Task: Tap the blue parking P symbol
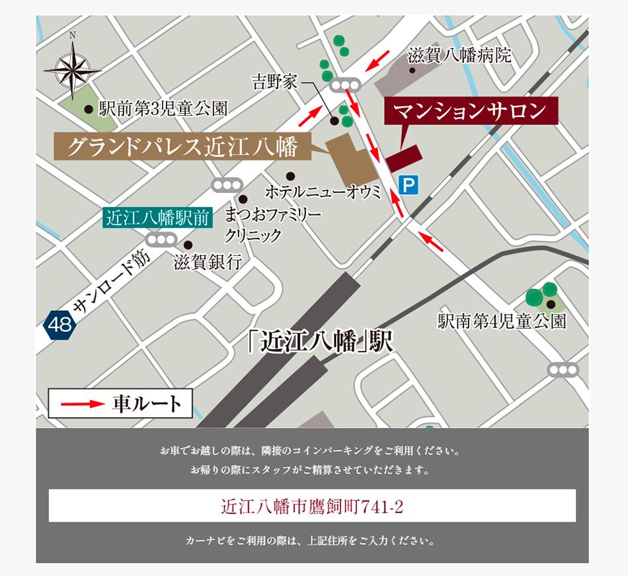pos(409,185)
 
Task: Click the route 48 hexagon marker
pos(59,324)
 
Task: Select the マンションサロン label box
pos(471,111)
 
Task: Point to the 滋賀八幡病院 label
pos(459,55)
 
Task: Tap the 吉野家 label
pos(274,82)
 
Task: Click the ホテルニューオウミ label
pos(323,192)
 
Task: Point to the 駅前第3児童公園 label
pos(163,108)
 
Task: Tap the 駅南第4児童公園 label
pos(502,321)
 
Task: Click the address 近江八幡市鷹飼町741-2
pos(312,507)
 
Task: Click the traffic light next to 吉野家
pos(344,85)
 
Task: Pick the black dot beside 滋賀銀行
pos(188,245)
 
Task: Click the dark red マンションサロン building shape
pos(404,159)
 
